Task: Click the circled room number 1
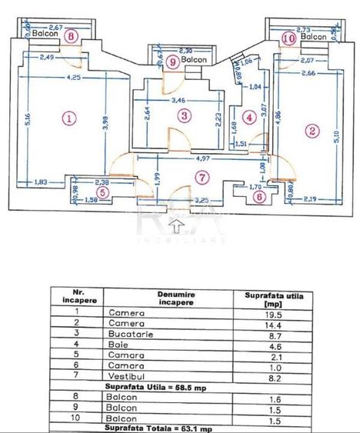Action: (69, 118)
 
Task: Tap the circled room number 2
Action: (312, 131)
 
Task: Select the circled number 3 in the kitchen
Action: (183, 116)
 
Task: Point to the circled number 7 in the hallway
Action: (202, 178)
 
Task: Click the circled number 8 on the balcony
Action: (72, 35)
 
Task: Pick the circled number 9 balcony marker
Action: (172, 61)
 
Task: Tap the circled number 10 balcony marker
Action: (289, 36)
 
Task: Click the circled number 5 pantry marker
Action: (103, 193)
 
